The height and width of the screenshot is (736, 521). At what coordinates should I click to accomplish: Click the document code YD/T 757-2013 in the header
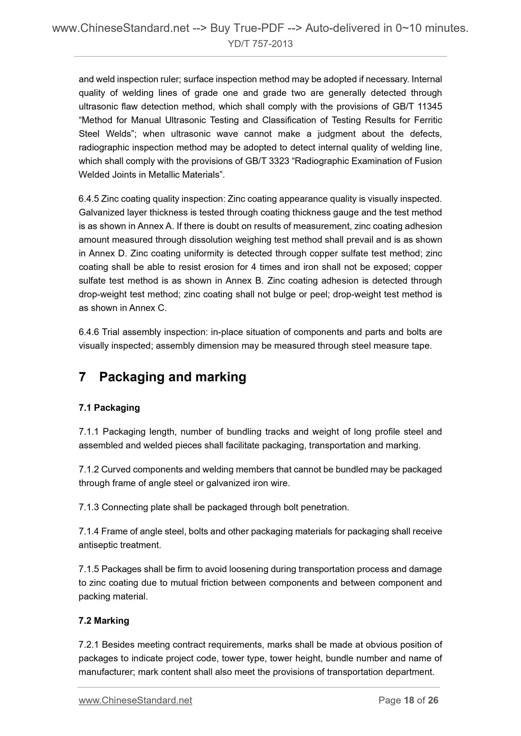tap(260, 44)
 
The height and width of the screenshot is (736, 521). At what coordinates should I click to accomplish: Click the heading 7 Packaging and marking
tap(162, 377)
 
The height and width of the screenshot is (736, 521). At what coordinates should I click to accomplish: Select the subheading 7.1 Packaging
tap(109, 408)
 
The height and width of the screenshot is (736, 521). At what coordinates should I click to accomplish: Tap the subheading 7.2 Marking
tap(104, 621)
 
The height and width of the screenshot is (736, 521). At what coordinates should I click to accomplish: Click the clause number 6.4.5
tap(89, 199)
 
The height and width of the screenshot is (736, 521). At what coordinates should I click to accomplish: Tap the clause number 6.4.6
tap(89, 332)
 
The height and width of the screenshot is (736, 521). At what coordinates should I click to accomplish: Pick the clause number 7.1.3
tap(89, 507)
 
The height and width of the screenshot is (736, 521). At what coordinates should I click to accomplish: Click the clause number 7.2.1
tap(89, 645)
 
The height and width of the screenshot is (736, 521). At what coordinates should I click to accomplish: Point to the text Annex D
tap(108, 253)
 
